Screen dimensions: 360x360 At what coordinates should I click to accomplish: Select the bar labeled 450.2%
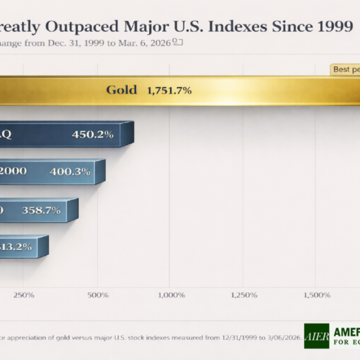pos(66,134)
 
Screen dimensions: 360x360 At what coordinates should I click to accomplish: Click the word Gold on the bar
pos(122,91)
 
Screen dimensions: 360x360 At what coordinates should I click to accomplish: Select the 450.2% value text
pos(92,134)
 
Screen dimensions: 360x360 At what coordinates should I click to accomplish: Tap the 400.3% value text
pos(70,172)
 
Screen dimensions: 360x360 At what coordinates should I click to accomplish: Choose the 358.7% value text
pos(41,211)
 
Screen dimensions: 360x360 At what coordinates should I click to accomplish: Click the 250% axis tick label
pos(23,295)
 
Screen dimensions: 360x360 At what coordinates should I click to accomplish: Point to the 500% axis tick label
pos(98,295)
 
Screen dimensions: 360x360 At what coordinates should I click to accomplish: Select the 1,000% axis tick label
pos(170,295)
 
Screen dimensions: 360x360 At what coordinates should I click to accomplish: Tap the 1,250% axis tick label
pos(244,295)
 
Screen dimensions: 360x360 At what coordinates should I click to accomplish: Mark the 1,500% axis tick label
pos(317,295)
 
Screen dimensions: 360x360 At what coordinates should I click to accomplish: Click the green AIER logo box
pos(316,337)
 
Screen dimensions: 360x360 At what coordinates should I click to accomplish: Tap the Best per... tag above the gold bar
pos(345,70)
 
